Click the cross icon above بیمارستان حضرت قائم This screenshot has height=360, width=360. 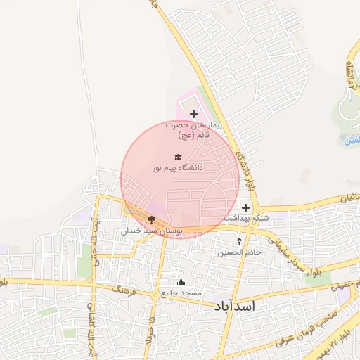click(194, 114)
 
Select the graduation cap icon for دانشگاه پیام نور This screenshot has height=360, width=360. click(178, 156)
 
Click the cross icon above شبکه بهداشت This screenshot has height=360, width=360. click(245, 207)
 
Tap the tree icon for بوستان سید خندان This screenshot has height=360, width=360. click(151, 219)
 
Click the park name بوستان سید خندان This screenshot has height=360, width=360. click(152, 231)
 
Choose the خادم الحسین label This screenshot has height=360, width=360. click(239, 252)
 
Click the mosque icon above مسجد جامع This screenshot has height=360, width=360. click(181, 282)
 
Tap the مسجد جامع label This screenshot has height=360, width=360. click(181, 292)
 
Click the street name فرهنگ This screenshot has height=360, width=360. click(123, 288)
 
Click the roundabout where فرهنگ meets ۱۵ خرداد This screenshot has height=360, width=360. click(155, 297)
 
